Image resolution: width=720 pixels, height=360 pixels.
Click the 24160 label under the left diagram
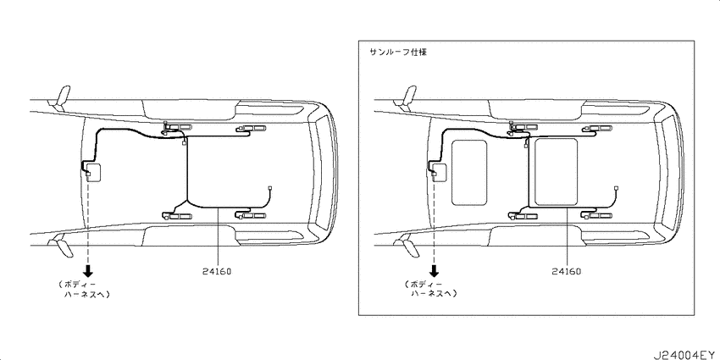click(217, 271)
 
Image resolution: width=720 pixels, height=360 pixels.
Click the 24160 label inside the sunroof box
click(566, 271)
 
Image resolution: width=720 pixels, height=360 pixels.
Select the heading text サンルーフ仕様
click(398, 52)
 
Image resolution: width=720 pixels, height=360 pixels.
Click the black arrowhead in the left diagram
click(88, 271)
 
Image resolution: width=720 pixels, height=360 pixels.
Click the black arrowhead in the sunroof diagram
click(434, 271)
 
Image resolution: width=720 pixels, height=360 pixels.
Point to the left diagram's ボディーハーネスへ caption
click(85, 290)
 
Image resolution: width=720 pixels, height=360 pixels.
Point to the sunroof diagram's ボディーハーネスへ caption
click(430, 290)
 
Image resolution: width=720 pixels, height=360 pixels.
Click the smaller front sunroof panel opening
click(469, 173)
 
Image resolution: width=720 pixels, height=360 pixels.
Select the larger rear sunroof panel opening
click(556, 171)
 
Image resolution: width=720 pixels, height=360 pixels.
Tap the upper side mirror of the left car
click(61, 97)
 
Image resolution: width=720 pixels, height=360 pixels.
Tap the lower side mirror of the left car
click(61, 245)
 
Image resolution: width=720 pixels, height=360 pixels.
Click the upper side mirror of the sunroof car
click(407, 97)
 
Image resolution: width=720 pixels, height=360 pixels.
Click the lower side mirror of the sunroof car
click(407, 245)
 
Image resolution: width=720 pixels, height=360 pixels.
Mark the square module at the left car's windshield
click(93, 173)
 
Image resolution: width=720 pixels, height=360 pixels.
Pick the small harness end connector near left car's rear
click(270, 188)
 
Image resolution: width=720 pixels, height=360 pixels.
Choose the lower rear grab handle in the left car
click(251, 215)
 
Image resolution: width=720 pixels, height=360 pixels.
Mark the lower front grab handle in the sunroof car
click(524, 215)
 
